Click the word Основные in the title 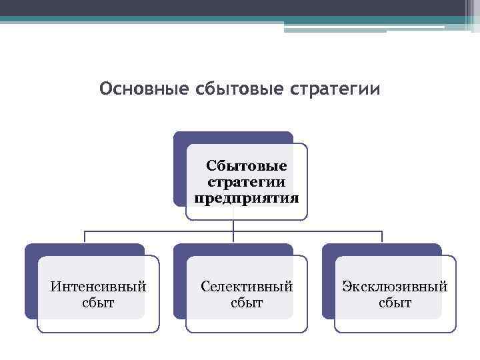pos(135,89)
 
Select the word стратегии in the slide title pos(336,89)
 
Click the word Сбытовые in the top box pos(247,165)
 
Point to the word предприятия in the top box pos(247,198)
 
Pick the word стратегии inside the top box pos(247,181)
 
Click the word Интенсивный pos(99,287)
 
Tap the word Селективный pos(247,287)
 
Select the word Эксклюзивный pos(395,287)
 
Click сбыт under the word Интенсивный pos(99,303)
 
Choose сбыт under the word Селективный pos(247,303)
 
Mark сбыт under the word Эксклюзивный pos(395,303)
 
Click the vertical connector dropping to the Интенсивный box pos(84,237)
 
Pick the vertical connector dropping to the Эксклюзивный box pos(382,237)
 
